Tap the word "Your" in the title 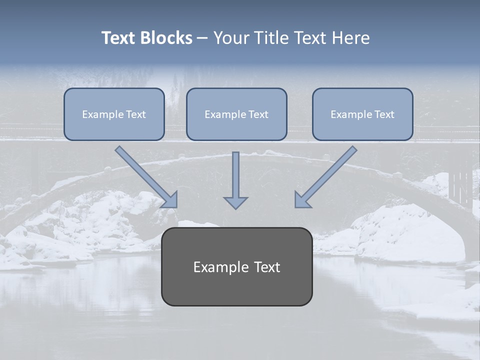click(231, 38)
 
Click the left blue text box click(114, 114)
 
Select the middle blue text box click(236, 114)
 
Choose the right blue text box click(362, 114)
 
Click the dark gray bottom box click(236, 266)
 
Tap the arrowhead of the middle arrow click(235, 202)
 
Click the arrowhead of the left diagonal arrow click(170, 199)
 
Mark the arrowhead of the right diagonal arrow click(302, 199)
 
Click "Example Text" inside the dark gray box click(236, 267)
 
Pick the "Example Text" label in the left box click(114, 114)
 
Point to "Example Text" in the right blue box click(362, 114)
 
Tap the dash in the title click(202, 38)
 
